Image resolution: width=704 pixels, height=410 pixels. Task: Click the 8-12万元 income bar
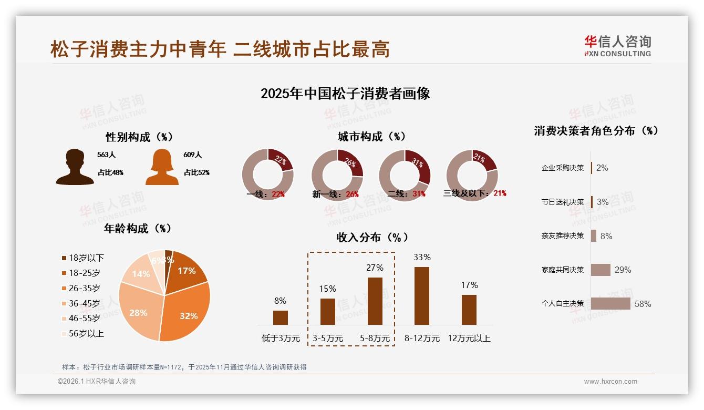point(421,296)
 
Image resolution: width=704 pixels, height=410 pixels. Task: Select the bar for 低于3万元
point(281,317)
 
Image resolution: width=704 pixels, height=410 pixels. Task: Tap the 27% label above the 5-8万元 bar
point(375,268)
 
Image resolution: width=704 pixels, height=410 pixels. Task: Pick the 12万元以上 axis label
point(469,339)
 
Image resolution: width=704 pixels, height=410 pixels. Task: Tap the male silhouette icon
point(75,167)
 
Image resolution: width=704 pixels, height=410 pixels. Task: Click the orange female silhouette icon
point(162,167)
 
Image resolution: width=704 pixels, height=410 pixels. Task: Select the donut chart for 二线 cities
point(405,175)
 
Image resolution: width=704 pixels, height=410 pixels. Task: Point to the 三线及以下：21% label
point(475,193)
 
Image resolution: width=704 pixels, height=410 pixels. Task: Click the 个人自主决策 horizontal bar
point(610,303)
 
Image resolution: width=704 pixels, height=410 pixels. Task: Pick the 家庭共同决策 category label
point(563,270)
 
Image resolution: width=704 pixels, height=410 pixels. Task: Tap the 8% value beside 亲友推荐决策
point(606,236)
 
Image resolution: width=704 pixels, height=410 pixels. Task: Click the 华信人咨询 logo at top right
point(617,46)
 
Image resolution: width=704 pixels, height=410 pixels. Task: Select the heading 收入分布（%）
point(372,237)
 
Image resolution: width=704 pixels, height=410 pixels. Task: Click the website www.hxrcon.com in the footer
point(610,382)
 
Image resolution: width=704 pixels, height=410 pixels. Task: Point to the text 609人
point(192,155)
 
